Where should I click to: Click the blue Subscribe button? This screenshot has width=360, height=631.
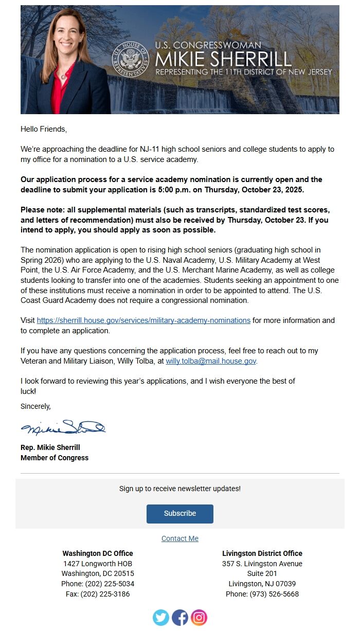pos(179,513)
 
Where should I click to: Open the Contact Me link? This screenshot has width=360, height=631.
pos(179,538)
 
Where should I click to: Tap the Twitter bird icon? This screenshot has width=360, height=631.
pos(161,617)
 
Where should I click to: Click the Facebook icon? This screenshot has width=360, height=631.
pos(180,617)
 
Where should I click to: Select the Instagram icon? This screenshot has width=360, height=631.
pos(199,617)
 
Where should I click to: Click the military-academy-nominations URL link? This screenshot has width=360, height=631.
pos(143,320)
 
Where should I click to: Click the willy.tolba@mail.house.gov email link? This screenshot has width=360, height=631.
pos(211,361)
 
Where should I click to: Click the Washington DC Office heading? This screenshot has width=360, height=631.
pos(98,553)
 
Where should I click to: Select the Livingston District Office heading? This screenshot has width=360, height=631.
pos(262,553)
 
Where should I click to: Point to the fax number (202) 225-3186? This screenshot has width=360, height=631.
pos(98,594)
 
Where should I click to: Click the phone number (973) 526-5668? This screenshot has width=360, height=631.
pos(262,594)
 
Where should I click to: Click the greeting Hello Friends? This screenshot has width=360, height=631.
pos(44,129)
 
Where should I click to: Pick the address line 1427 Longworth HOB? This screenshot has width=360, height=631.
pos(98,564)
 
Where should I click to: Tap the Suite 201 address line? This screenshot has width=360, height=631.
pos(262,573)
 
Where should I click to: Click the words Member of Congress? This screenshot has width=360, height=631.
pos(55,458)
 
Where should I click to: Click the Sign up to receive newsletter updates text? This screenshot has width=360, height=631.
pos(179,489)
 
